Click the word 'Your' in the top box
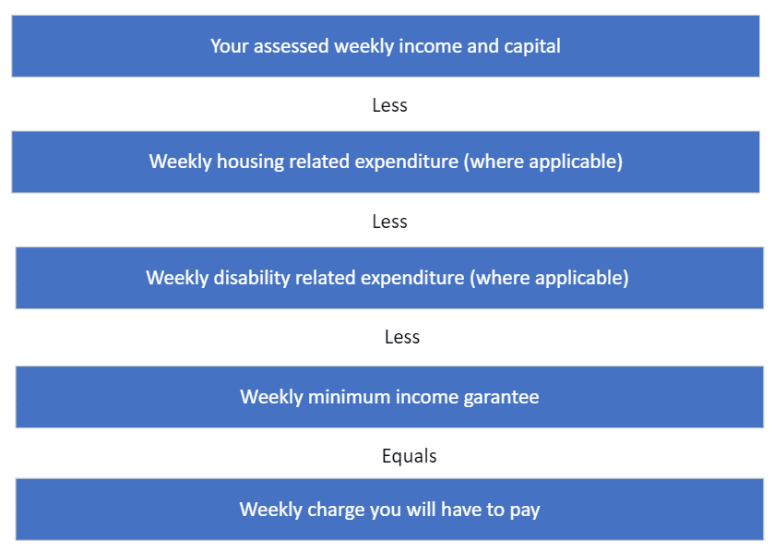click(x=229, y=46)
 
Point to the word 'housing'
click(x=250, y=162)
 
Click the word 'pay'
click(x=525, y=511)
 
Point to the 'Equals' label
click(x=410, y=456)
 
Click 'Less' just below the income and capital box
click(x=390, y=105)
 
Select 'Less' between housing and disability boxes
click(x=390, y=222)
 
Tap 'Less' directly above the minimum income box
click(x=402, y=337)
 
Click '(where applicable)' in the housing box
click(x=543, y=162)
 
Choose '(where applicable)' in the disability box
click(x=549, y=278)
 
